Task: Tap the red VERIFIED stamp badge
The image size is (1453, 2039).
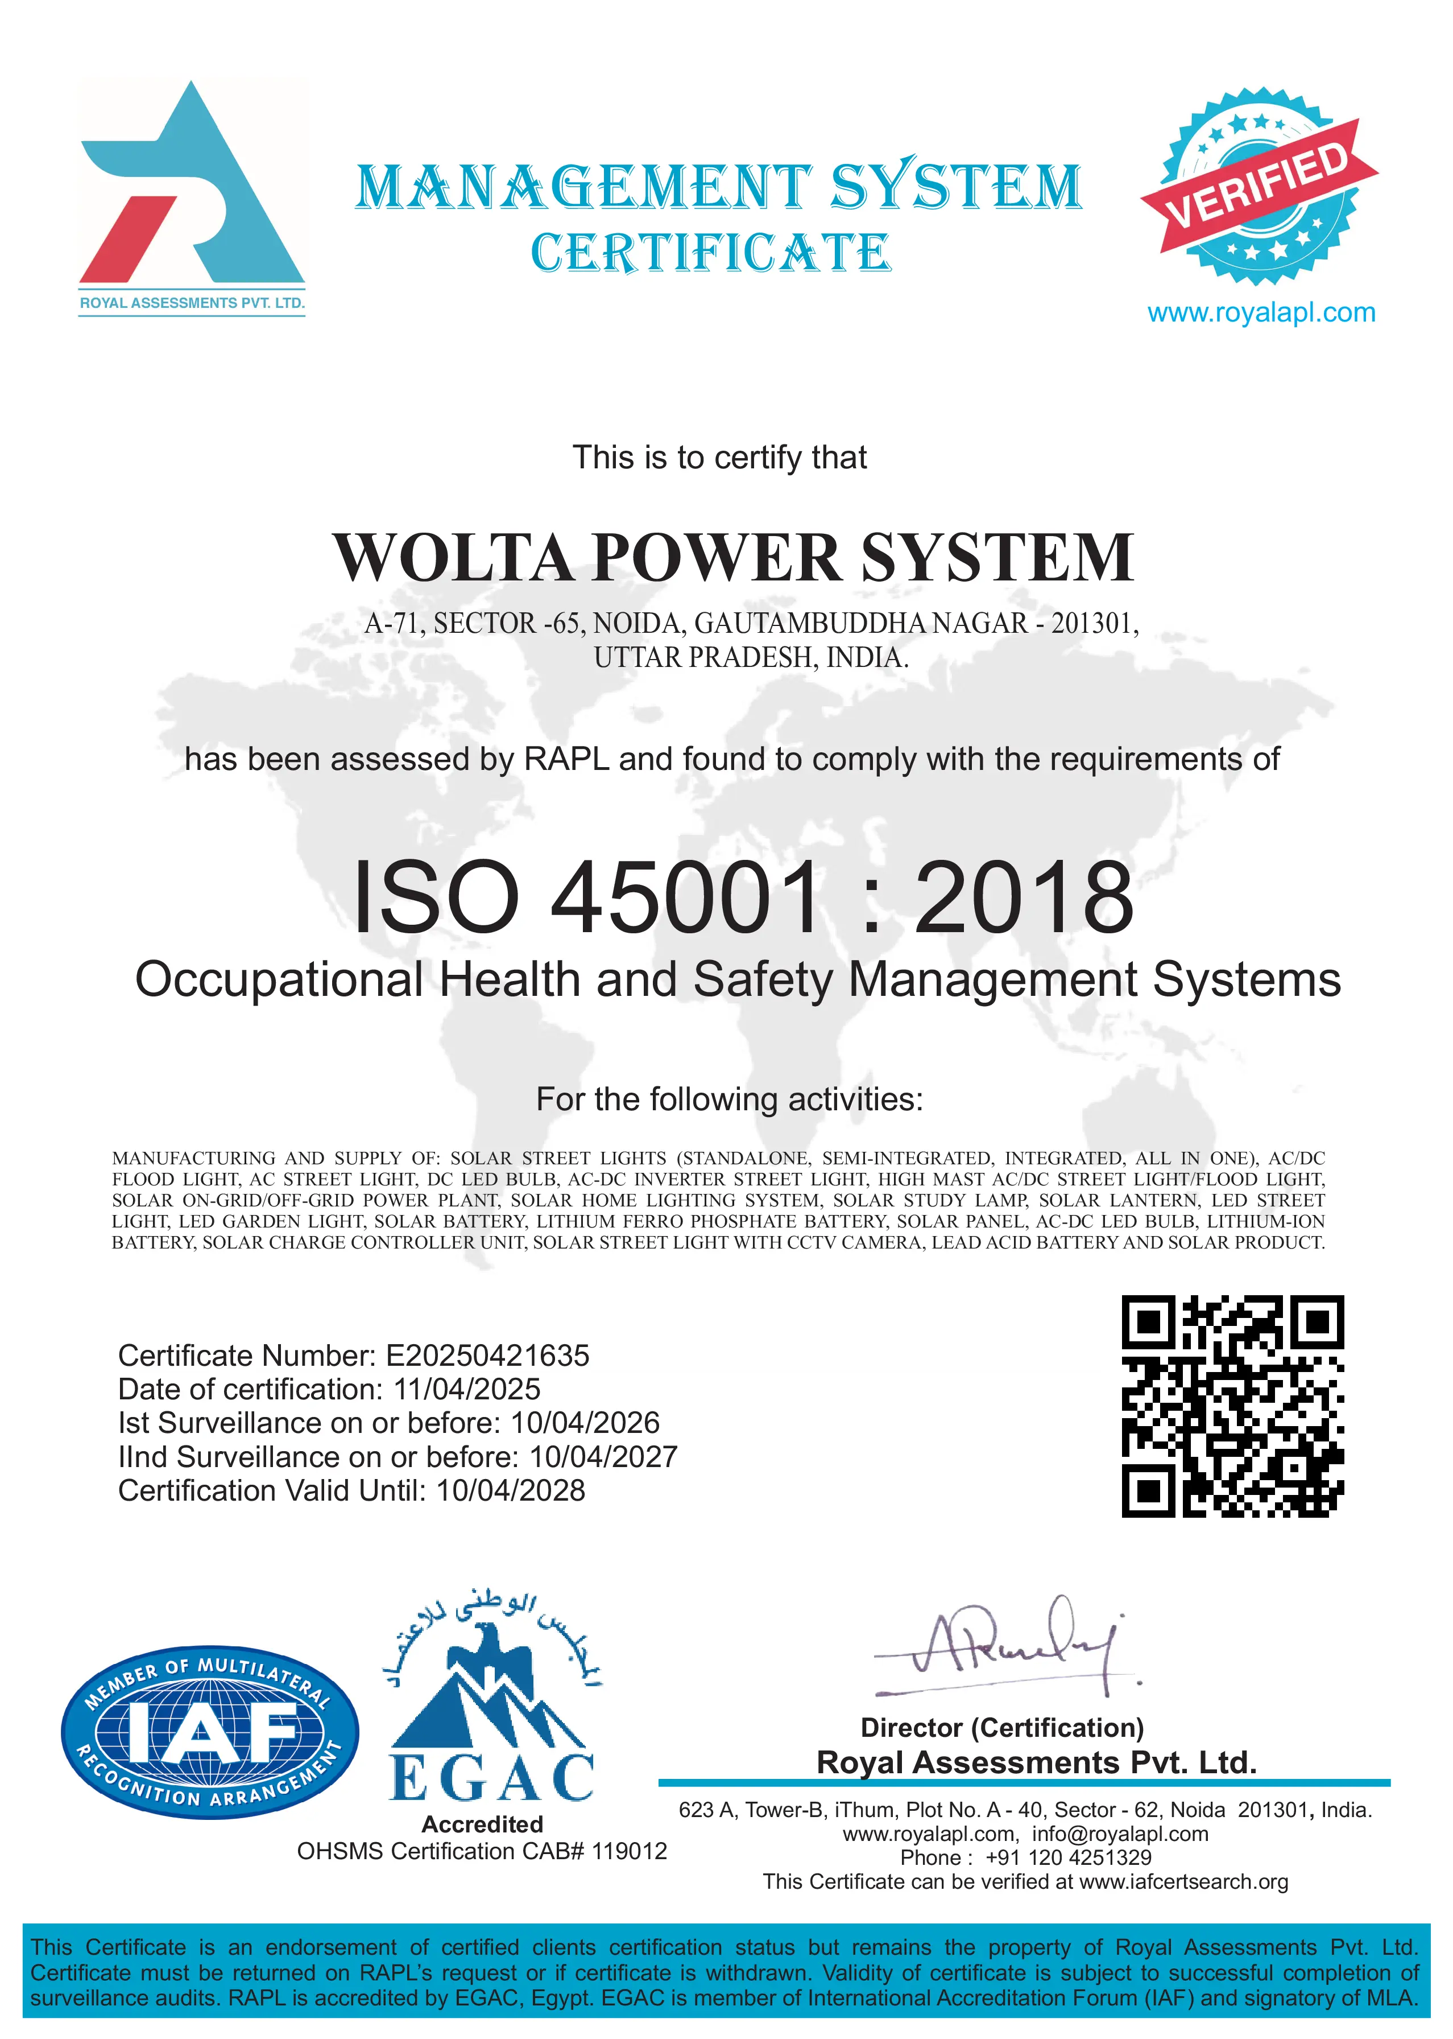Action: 1260,186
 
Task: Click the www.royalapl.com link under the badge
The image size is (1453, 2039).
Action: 1261,314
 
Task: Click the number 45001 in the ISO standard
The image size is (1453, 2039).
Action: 685,898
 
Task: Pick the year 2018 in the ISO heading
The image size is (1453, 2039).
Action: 1024,898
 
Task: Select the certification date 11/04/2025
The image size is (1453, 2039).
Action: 467,1389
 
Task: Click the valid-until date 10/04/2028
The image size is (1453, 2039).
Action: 510,1490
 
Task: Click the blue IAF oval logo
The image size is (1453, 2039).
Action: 209,1732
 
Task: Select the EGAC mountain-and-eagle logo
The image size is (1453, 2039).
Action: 492,1700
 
